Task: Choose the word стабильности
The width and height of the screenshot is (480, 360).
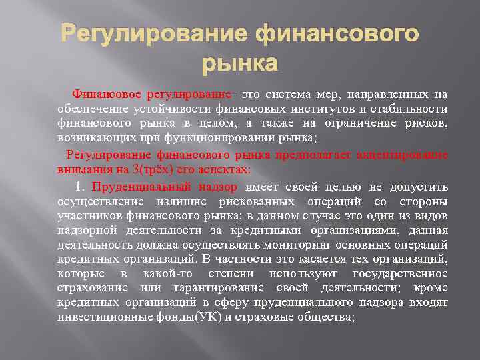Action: point(407,109)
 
